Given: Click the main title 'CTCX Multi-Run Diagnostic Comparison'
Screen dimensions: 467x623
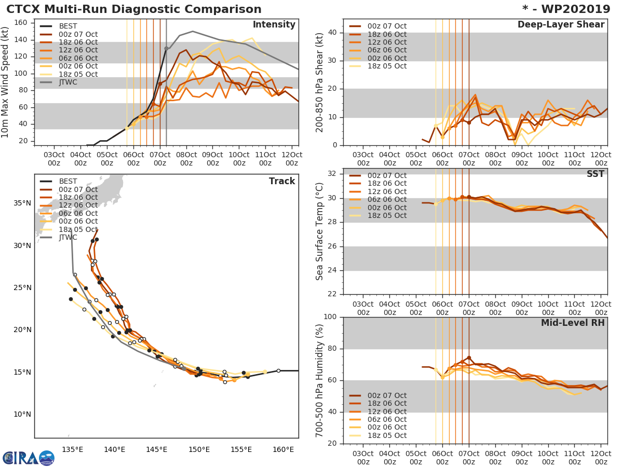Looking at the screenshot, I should pos(134,9).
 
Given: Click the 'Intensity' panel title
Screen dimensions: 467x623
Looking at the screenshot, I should pos(274,25).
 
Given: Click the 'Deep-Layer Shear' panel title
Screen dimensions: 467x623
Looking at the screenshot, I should pos(561,25).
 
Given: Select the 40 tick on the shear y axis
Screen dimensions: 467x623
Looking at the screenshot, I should pos(331,32).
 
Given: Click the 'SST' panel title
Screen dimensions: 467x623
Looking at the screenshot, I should pos(595,174).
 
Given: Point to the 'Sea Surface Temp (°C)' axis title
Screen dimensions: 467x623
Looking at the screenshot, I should pos(320,231).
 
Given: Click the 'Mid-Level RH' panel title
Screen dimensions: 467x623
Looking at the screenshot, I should pos(573,323).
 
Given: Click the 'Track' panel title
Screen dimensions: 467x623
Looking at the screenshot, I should pos(282,181).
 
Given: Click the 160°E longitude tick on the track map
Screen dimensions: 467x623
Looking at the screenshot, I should pos(283,449).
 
